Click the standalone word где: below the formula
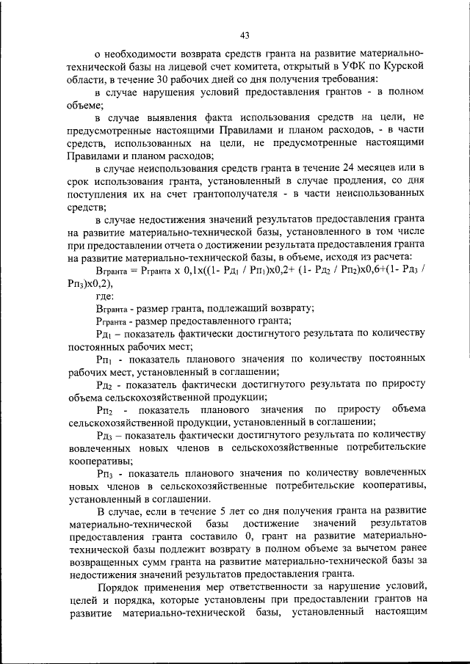(106, 296)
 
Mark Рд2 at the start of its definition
(104, 383)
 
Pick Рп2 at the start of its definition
(104, 409)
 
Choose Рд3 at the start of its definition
(104, 434)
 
